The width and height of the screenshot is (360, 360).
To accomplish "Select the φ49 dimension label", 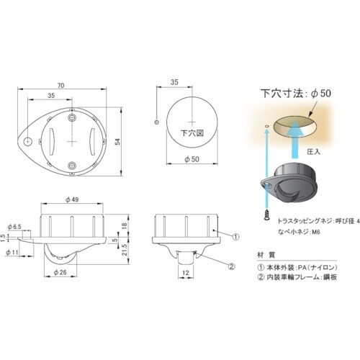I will point(71,199).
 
